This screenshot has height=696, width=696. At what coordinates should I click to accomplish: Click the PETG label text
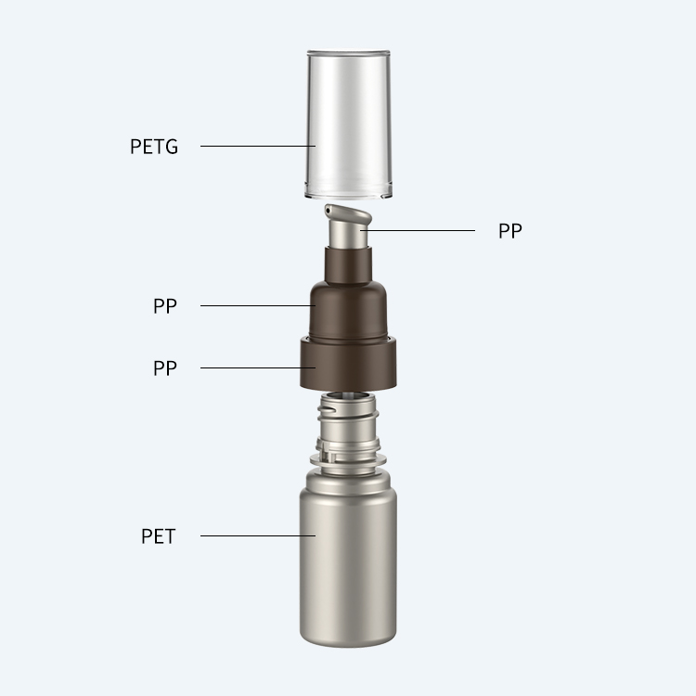[153, 147]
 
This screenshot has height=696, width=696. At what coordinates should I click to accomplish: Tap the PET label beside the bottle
[158, 536]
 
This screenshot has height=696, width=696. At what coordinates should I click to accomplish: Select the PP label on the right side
[510, 231]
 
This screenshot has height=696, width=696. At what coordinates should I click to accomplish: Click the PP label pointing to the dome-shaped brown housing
[164, 306]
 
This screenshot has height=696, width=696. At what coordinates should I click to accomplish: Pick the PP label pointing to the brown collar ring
[164, 368]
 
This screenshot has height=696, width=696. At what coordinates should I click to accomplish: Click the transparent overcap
[348, 124]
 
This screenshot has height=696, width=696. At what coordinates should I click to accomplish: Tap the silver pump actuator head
[349, 226]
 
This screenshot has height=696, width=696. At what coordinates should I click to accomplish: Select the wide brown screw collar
[348, 364]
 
